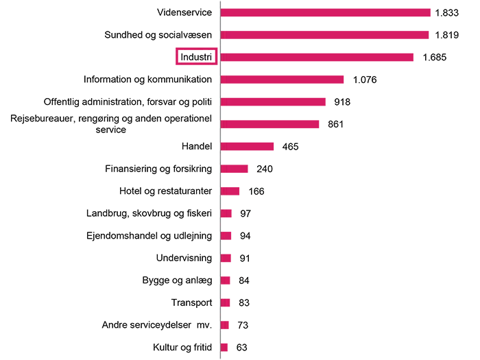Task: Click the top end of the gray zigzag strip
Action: (x=221, y=3)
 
